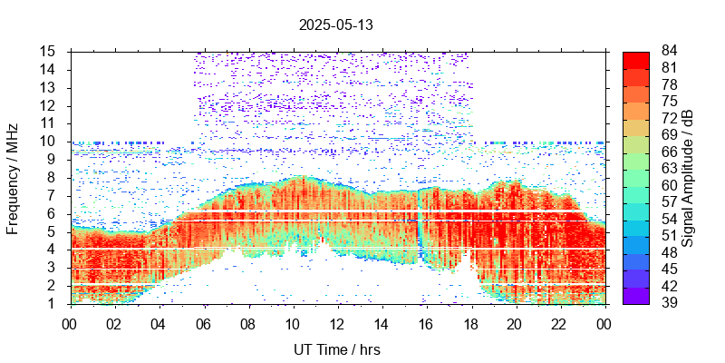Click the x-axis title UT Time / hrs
(335, 349)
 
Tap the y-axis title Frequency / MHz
(13, 178)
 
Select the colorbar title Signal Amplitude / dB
(688, 178)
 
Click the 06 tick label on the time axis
(203, 323)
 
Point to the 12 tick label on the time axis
(336, 323)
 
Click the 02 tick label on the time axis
(114, 323)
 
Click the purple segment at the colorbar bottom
(636, 295)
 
